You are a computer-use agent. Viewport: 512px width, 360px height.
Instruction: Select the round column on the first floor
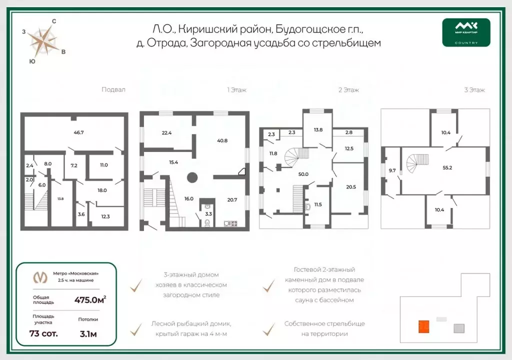[x=191, y=177]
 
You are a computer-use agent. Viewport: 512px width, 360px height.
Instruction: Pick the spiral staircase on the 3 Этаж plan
[x=414, y=163]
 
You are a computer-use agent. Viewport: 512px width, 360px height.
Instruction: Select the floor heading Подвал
[x=113, y=90]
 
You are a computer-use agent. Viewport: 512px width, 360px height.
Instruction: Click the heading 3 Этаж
[x=475, y=90]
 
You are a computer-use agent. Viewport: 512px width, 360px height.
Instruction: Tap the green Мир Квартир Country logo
[x=466, y=32]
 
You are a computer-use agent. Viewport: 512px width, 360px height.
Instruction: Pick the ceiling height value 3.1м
[x=88, y=333]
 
